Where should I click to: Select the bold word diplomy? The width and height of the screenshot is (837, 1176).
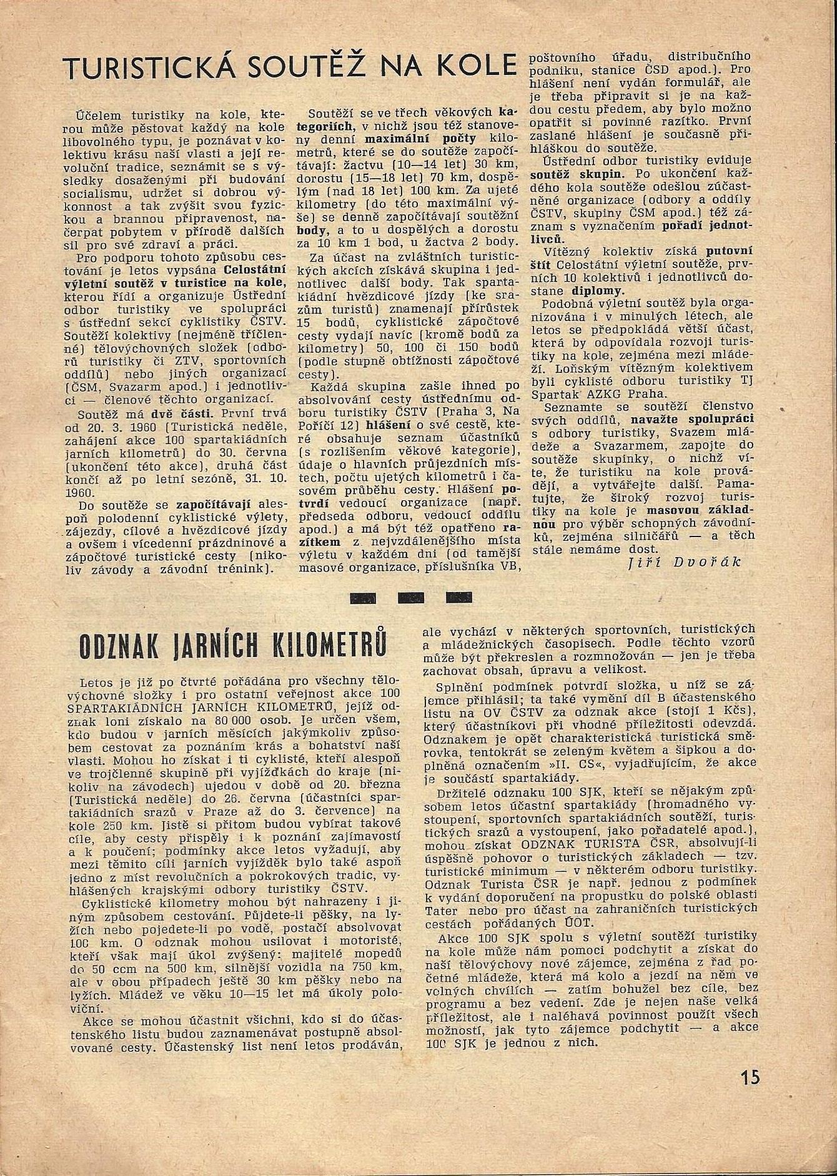597,291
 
